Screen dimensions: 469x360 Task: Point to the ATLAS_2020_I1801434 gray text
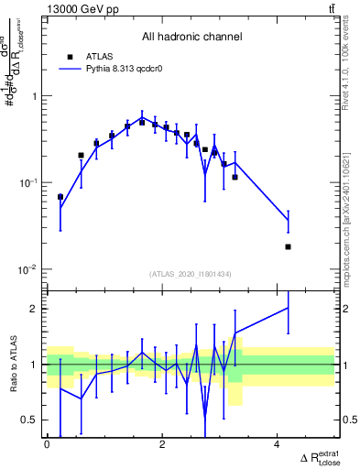click(191, 274)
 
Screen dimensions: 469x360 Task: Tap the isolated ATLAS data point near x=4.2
click(288, 246)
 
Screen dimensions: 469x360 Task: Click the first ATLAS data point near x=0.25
click(60, 197)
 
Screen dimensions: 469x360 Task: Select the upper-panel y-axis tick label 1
click(35, 96)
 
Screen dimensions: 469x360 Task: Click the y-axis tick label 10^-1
click(29, 183)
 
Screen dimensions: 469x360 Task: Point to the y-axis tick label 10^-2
click(29, 269)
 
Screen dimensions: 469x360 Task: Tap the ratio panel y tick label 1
click(35, 365)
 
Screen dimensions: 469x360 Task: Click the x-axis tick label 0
click(47, 445)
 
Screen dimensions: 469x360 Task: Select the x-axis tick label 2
click(162, 445)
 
